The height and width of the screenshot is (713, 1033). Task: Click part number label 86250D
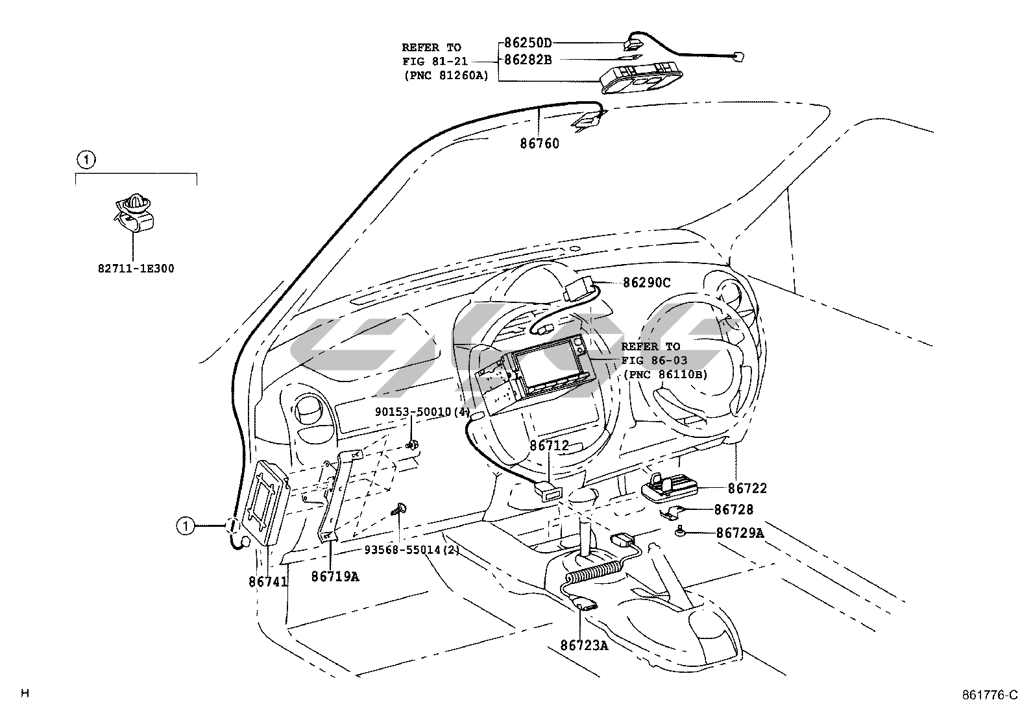[528, 43]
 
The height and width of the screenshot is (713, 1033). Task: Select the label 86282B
[528, 60]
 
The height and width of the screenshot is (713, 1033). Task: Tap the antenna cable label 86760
[540, 144]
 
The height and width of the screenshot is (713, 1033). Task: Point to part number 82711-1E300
[136, 269]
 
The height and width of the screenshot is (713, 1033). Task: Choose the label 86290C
[646, 283]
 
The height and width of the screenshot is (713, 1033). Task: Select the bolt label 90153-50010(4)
[422, 412]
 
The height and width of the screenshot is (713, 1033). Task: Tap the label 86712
[549, 446]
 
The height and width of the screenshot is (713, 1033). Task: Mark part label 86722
[747, 489]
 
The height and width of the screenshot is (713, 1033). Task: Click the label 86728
[734, 510]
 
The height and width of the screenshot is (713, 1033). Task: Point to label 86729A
[740, 533]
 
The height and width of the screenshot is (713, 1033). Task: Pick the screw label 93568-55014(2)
[412, 550]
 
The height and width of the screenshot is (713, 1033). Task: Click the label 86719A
[335, 577]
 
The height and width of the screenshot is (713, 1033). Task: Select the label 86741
[268, 582]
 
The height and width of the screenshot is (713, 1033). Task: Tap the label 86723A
[584, 646]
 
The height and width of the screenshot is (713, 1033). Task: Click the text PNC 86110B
[668, 374]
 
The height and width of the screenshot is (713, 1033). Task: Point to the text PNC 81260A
[448, 75]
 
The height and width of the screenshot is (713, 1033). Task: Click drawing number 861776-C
[990, 695]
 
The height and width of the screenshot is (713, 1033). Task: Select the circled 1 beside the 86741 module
[186, 526]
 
